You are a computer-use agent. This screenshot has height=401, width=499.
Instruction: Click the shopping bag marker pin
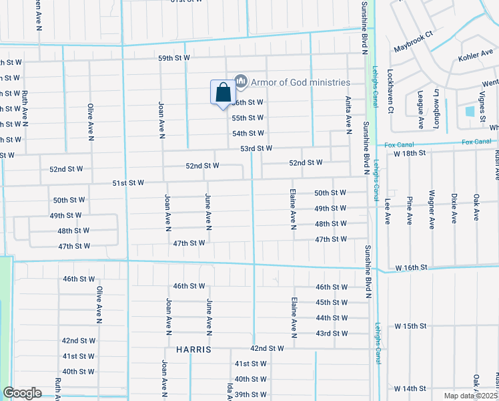(x=222, y=93)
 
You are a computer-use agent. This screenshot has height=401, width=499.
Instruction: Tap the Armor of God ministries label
(x=300, y=82)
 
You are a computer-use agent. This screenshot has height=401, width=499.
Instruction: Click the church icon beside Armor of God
(x=240, y=82)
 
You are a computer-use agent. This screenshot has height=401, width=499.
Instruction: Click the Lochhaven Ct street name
(x=391, y=91)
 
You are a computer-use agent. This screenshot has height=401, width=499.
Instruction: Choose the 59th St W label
(x=174, y=59)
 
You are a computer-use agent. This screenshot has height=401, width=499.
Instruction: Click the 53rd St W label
(x=257, y=148)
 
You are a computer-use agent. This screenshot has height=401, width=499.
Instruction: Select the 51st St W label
(x=128, y=182)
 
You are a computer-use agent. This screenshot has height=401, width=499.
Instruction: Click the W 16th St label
(x=410, y=268)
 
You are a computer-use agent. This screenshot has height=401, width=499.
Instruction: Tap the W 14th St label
(x=410, y=388)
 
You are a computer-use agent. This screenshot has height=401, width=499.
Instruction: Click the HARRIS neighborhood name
(x=193, y=350)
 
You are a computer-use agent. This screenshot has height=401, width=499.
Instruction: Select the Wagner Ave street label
(x=432, y=209)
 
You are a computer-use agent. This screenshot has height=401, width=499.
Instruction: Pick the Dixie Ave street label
(x=454, y=209)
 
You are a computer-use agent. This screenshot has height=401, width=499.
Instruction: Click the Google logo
(x=22, y=393)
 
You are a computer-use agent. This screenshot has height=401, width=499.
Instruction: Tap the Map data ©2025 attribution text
(x=470, y=396)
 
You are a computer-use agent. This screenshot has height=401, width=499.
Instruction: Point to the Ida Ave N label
(x=228, y=392)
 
